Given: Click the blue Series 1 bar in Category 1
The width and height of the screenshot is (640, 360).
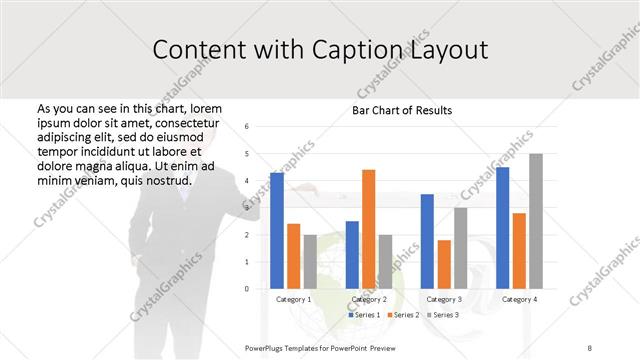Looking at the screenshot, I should pyautogui.click(x=277, y=231).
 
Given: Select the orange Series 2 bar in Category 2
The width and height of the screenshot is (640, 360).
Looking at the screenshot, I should pyautogui.click(x=368, y=229).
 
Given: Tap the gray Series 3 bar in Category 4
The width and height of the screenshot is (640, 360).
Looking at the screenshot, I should pyautogui.click(x=536, y=221).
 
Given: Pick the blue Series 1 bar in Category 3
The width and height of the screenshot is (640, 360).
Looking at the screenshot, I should pyautogui.click(x=427, y=241).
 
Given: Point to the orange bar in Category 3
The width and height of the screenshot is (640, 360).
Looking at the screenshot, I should pyautogui.click(x=444, y=264).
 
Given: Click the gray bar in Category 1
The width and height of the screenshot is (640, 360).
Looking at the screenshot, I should pyautogui.click(x=310, y=262).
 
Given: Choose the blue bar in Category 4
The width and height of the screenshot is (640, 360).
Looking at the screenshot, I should pyautogui.click(x=502, y=228).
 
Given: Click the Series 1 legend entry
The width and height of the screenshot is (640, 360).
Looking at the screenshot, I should pyautogui.click(x=364, y=315).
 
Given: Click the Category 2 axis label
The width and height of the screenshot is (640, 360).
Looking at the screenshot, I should pyautogui.click(x=369, y=299).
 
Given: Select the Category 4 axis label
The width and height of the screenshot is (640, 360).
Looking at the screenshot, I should pyautogui.click(x=519, y=299).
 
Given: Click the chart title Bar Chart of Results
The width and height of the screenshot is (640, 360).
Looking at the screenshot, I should pyautogui.click(x=402, y=110).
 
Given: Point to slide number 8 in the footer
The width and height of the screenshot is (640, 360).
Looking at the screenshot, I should pyautogui.click(x=590, y=346).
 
